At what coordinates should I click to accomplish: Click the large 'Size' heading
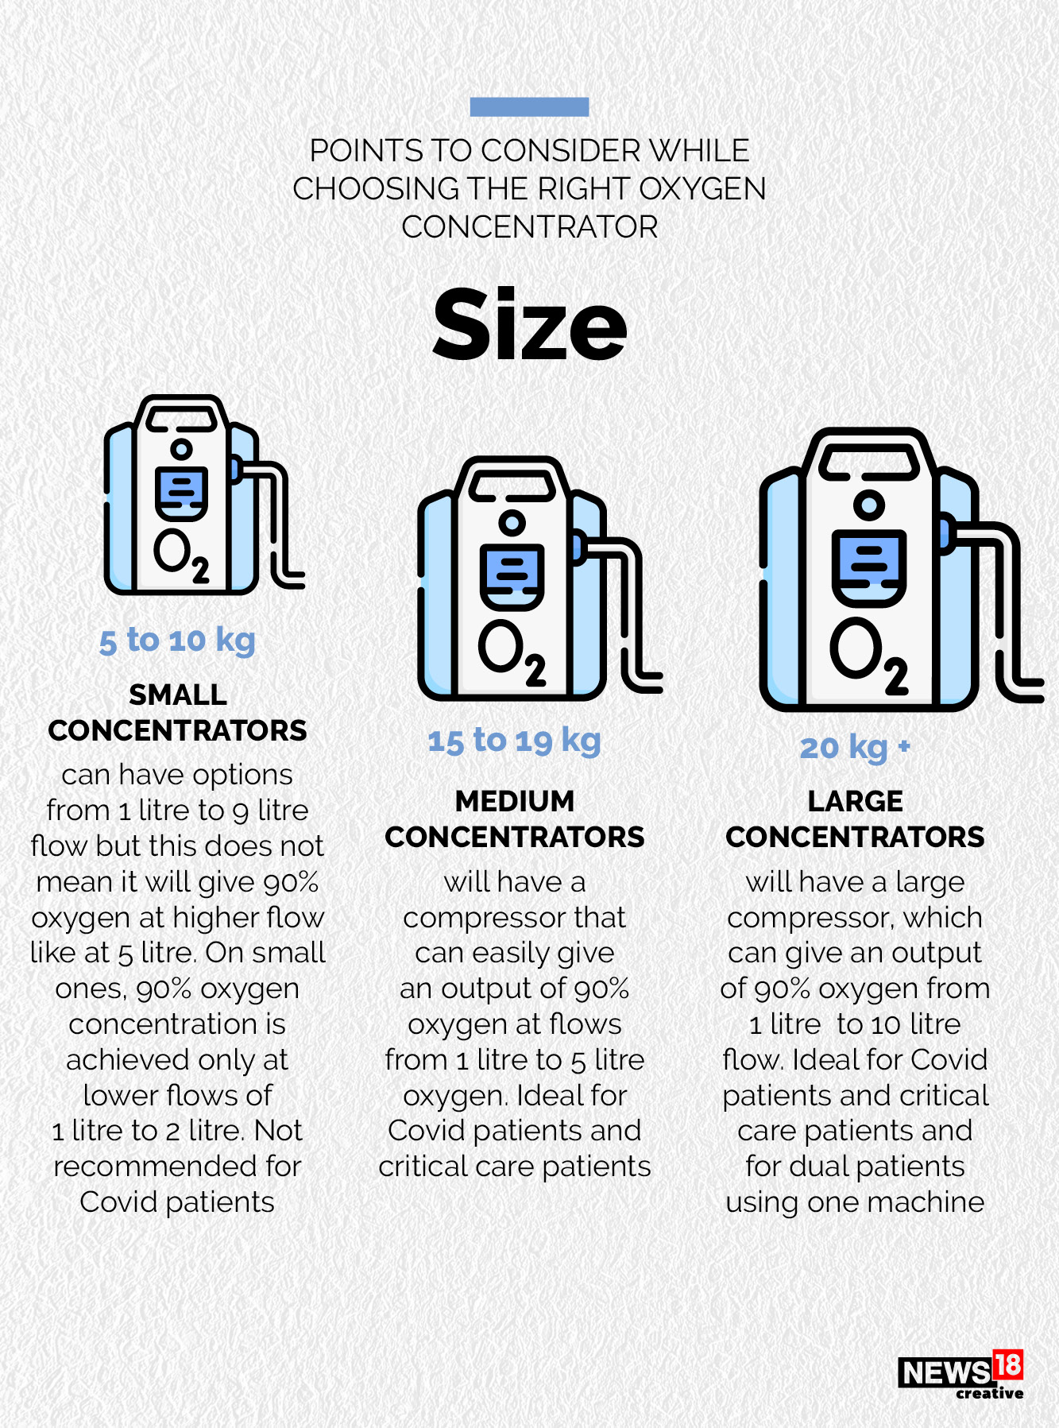click(x=529, y=325)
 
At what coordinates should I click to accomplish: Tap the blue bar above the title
click(x=529, y=106)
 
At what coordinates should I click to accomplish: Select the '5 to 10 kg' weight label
click(x=177, y=640)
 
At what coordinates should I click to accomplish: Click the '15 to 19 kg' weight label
click(x=514, y=741)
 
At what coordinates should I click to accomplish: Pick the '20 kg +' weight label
click(x=855, y=748)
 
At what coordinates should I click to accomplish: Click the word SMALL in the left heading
click(x=177, y=695)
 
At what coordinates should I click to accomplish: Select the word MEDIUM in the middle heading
click(x=514, y=801)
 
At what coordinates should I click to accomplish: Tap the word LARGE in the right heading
click(x=855, y=801)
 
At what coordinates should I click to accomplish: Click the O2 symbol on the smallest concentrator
click(x=181, y=555)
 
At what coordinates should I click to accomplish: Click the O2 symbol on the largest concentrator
click(x=869, y=655)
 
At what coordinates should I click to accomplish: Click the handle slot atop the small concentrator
click(x=181, y=418)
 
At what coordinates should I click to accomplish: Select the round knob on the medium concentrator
click(x=512, y=522)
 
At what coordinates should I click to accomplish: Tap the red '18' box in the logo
click(x=1007, y=1364)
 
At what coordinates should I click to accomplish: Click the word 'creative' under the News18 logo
click(x=989, y=1393)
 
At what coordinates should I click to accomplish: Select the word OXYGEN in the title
click(x=702, y=189)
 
